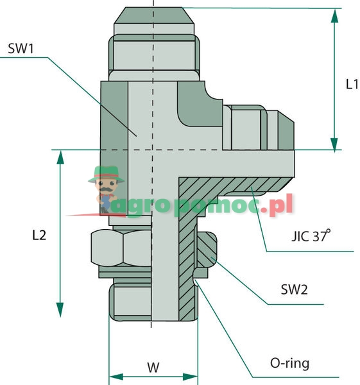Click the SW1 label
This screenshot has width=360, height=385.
pos(22,48)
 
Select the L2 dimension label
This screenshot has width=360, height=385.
pos(39,235)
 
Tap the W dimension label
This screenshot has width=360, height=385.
pos(153,368)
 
